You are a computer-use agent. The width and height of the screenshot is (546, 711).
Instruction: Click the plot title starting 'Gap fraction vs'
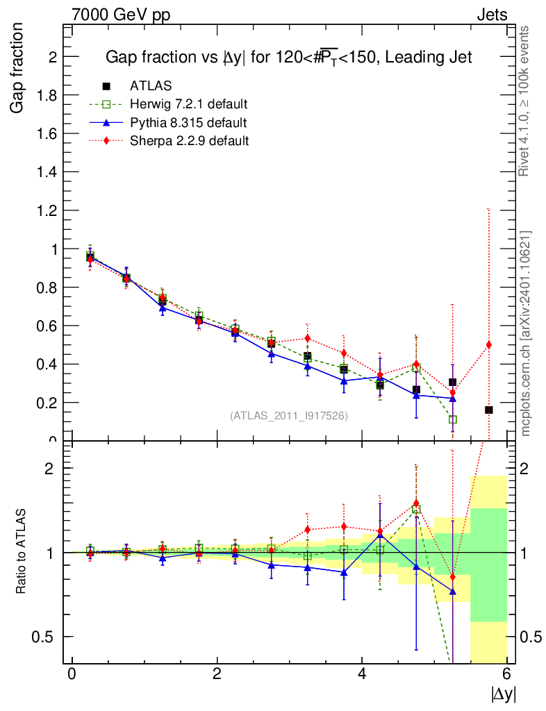[x=288, y=58]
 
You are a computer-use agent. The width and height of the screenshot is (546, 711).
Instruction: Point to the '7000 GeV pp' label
[x=121, y=15]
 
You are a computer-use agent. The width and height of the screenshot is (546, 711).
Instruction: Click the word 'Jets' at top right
[x=491, y=15]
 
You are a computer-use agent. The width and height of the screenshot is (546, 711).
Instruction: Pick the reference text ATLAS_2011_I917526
[x=288, y=415]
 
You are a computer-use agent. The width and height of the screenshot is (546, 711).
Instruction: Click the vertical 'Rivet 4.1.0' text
[x=525, y=101]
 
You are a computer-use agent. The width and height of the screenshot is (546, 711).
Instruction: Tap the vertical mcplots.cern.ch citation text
[x=526, y=333]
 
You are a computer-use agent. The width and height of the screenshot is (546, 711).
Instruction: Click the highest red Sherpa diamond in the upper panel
[x=90, y=258]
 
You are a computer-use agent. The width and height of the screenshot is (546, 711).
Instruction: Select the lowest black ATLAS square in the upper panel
[x=489, y=410]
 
